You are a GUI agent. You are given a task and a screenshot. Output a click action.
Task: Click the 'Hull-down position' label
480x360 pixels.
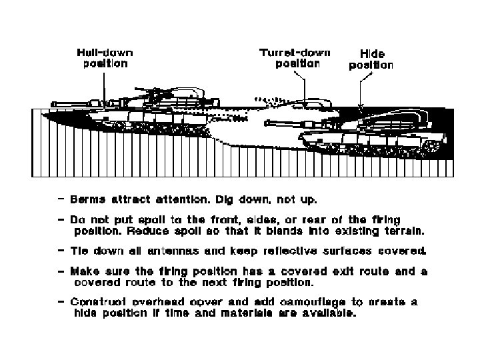click(x=104, y=58)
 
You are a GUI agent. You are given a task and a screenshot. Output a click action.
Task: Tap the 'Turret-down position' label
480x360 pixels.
click(x=297, y=58)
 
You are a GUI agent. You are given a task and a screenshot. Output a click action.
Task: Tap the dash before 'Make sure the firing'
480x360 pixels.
click(x=62, y=271)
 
